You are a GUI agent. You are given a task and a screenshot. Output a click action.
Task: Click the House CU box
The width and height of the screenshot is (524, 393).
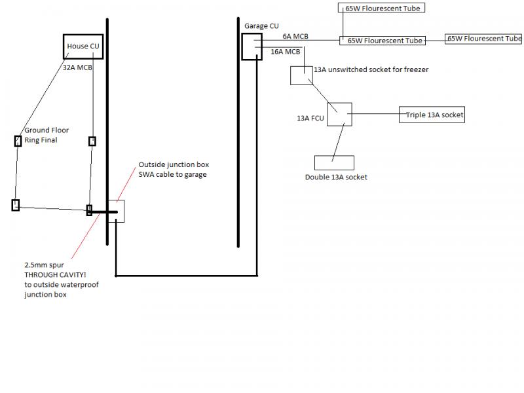(83, 47)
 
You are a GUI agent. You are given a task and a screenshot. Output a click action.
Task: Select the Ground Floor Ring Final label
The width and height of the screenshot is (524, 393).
(47, 135)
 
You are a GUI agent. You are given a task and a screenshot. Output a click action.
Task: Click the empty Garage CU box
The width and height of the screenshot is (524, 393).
(252, 47)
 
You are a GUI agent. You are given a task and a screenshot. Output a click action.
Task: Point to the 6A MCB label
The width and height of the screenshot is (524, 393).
(296, 37)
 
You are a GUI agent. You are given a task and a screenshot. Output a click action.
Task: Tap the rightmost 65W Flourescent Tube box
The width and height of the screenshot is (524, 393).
(484, 39)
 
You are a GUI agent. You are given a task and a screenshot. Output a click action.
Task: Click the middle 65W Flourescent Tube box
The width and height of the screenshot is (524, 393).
(382, 40)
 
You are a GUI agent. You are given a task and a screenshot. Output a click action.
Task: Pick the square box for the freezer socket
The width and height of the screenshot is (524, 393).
(301, 75)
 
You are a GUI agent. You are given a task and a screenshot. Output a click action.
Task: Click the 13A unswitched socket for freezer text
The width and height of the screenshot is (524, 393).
(371, 69)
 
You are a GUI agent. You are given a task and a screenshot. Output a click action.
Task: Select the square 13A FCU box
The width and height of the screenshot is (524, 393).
(339, 115)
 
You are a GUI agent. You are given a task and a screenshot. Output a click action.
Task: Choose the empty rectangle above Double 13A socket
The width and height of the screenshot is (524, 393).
(334, 162)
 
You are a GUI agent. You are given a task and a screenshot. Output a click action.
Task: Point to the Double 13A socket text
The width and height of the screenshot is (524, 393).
(336, 177)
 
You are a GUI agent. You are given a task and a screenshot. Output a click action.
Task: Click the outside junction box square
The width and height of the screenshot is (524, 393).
(116, 211)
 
